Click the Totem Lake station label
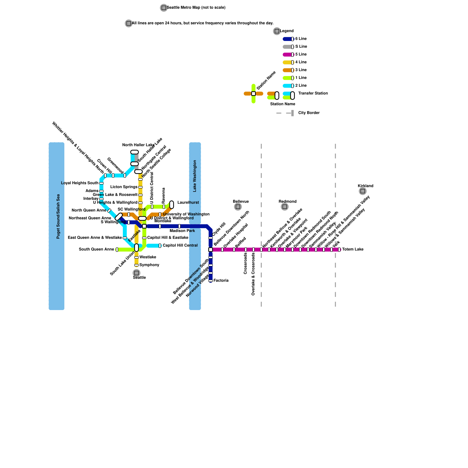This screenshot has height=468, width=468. pyautogui.click(x=353, y=250)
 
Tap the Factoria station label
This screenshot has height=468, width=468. pyautogui.click(x=221, y=281)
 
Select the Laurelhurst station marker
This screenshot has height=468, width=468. pyautogui.click(x=172, y=205)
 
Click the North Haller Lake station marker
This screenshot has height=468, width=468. pyautogui.click(x=134, y=152)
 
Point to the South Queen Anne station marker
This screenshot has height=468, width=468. pyautogui.click(x=117, y=250)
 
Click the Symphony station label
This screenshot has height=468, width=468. pyautogui.click(x=149, y=265)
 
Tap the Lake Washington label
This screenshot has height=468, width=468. pyautogui.click(x=195, y=176)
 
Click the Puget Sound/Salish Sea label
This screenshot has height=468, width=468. pyautogui.click(x=58, y=216)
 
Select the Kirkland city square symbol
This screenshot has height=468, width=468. pyautogui.click(x=363, y=191)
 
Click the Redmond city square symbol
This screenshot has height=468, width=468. pyautogui.click(x=285, y=207)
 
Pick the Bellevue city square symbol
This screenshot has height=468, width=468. pyautogui.click(x=238, y=207)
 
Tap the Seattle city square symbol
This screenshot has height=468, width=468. pyautogui.click(x=136, y=273)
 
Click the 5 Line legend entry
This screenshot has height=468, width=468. pyautogui.click(x=301, y=54)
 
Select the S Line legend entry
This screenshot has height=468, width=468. pyautogui.click(x=301, y=47)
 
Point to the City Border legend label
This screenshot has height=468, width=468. pyautogui.click(x=309, y=113)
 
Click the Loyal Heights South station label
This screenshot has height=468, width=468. pyautogui.click(x=80, y=183)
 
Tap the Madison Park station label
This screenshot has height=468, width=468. pyautogui.click(x=182, y=231)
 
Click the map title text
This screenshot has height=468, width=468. pyautogui.click(x=196, y=8)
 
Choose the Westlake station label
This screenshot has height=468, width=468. pyautogui.click(x=148, y=257)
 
